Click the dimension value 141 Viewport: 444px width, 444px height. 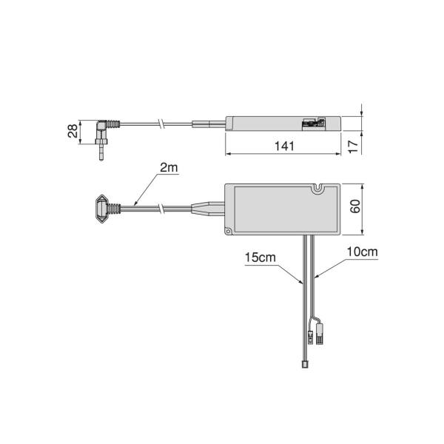point(284,146)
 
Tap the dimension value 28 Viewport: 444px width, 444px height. point(73,131)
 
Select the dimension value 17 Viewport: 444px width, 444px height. point(353,147)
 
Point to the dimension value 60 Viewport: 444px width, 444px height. point(355,206)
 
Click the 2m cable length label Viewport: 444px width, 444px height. point(169,168)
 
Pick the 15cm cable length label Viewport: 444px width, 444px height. point(260,258)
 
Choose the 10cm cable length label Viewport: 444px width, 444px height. point(363,252)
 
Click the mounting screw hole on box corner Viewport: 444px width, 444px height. point(228,232)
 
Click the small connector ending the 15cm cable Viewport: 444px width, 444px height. point(305,365)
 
